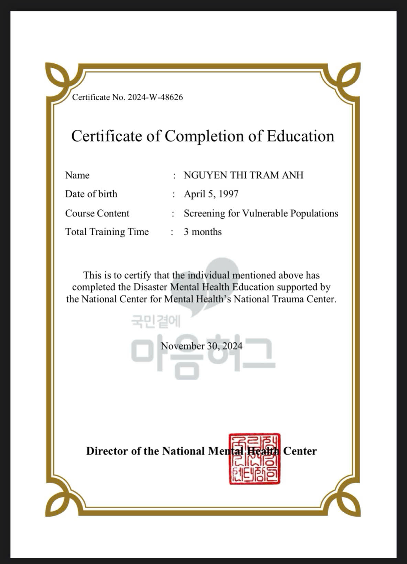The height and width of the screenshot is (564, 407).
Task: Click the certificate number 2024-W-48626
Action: (x=155, y=97)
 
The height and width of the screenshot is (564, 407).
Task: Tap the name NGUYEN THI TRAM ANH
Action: (x=243, y=175)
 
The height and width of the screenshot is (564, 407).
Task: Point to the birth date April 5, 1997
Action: (x=211, y=194)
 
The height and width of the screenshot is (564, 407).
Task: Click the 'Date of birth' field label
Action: (x=91, y=194)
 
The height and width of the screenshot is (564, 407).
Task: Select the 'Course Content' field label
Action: (x=97, y=213)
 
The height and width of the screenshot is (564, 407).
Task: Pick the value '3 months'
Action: (x=202, y=232)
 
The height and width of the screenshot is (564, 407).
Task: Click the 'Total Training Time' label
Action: (x=107, y=232)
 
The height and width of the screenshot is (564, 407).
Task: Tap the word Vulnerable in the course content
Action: (x=265, y=213)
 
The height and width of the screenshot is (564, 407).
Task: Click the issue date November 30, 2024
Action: (x=202, y=346)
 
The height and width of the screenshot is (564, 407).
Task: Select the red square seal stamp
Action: (x=255, y=459)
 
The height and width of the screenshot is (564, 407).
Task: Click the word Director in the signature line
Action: (x=107, y=451)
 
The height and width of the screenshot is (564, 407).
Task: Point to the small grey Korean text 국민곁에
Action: (x=156, y=322)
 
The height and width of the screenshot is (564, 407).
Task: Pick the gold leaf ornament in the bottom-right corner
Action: (x=348, y=504)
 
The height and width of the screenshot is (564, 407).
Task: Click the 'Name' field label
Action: (x=77, y=175)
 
